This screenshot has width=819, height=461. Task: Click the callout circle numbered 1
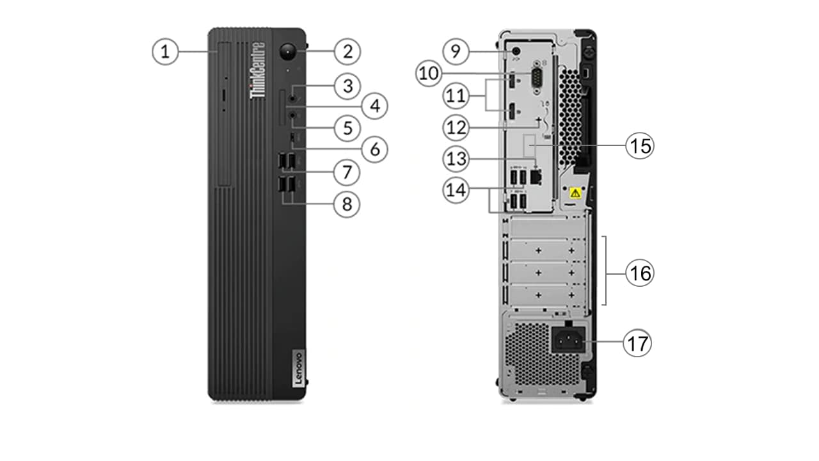[166, 51]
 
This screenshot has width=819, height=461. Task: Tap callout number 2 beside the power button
[347, 51]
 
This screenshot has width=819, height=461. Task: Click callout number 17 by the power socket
[638, 344]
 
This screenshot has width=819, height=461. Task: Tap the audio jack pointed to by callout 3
[293, 97]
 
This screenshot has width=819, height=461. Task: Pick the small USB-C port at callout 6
[293, 138]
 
